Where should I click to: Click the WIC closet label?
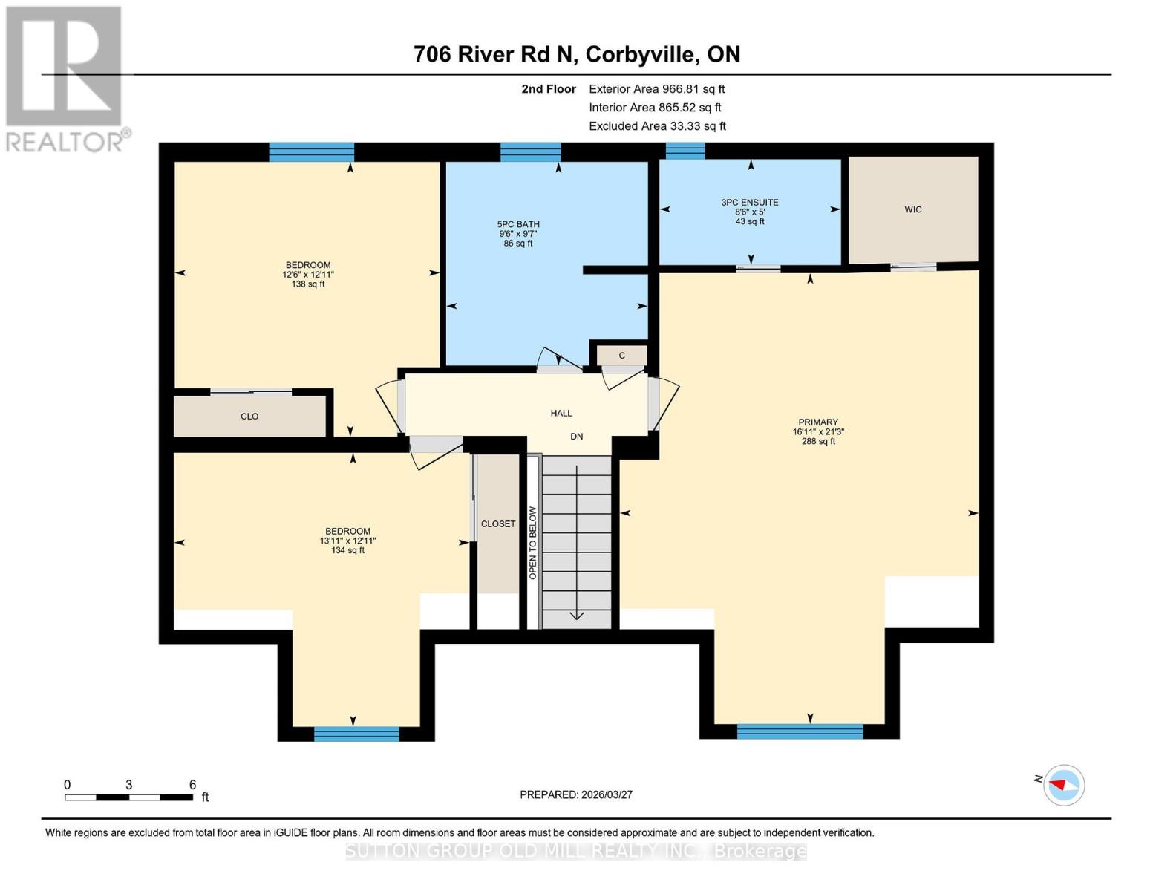coord(912,210)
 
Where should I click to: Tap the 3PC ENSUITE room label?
coord(749,203)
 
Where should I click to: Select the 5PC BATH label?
coord(518,224)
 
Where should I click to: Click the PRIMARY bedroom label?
coord(817,422)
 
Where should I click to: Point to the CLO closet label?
coord(249,417)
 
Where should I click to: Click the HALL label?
coord(561,413)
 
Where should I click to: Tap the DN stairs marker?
coord(576,437)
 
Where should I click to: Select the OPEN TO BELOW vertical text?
coord(532,543)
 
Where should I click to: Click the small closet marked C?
coord(621,356)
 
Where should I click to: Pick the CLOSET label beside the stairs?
coord(497,524)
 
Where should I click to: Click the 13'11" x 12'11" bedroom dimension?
coord(347,541)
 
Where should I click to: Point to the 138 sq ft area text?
coord(308,284)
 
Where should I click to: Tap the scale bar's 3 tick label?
coord(129,785)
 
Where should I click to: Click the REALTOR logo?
coord(65,79)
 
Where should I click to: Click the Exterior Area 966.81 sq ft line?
coord(656,89)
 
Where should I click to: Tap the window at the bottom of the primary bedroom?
coord(800,731)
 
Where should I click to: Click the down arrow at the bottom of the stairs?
coord(577,615)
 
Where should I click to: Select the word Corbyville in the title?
coord(642,54)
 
